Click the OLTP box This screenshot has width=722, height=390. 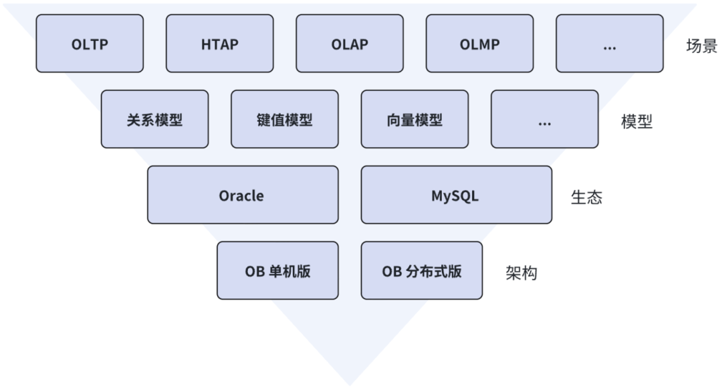90,43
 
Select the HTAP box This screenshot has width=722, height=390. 219,43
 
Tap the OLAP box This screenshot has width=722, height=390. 350,43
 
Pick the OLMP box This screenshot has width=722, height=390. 479,43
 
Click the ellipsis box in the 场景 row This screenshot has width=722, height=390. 610,43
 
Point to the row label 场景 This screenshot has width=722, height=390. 701,46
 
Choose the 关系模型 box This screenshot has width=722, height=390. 154,119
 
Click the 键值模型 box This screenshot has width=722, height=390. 285,119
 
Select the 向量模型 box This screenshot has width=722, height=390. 414,119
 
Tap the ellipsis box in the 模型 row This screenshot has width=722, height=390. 544,119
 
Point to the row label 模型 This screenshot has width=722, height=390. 636,122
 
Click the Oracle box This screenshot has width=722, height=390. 243,195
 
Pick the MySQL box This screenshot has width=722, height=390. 457,195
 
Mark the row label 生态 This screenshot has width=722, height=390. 586,197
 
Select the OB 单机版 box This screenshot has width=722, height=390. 277,270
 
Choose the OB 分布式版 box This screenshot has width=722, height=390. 422,270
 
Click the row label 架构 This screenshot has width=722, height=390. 521,273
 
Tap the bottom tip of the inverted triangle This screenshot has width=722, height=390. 350,384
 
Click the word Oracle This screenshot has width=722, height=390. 241,196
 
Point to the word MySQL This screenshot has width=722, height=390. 455,196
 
